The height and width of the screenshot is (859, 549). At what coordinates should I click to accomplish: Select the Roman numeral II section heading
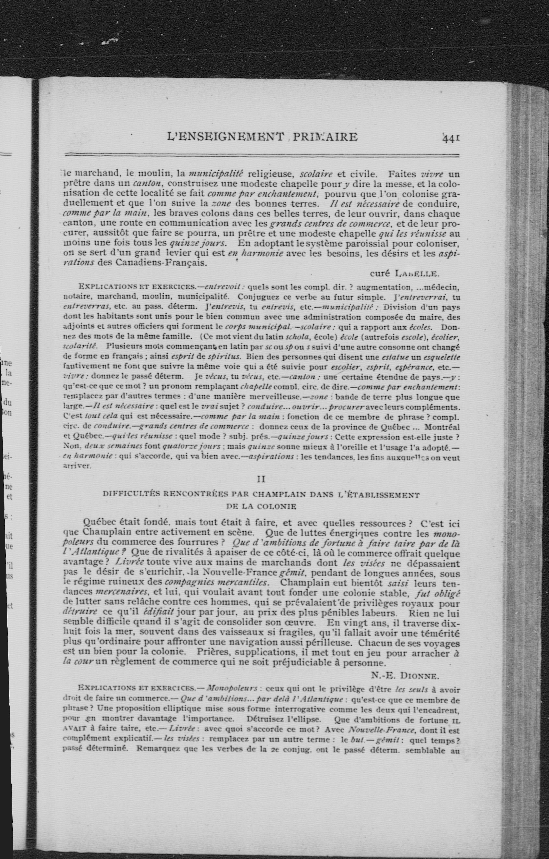(261, 479)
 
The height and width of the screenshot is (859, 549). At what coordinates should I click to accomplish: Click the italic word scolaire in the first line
(316, 174)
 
